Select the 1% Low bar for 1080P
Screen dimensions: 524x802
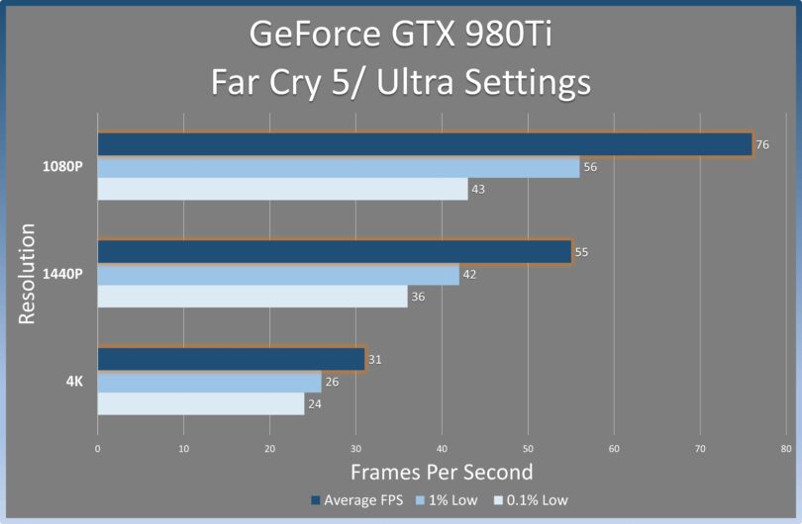coord(338,167)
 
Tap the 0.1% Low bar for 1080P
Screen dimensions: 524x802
coord(282,189)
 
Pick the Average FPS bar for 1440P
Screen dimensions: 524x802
coord(334,252)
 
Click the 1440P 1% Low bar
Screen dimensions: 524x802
coord(278,274)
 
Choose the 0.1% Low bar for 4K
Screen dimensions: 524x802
coord(200,403)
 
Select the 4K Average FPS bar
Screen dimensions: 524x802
coord(231,359)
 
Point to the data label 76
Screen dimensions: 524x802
coord(762,145)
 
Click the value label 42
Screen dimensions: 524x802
coord(469,275)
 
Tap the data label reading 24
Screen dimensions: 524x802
coord(314,403)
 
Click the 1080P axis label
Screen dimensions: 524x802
coord(62,166)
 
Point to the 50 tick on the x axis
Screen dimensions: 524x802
coord(528,449)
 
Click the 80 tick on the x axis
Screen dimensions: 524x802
coord(786,449)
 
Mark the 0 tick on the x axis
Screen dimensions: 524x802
coord(98,449)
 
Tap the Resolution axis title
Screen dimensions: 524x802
coord(28,274)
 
